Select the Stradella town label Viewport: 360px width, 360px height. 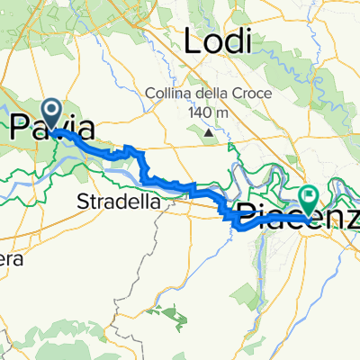pos(120,201)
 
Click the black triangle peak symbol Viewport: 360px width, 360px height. pos(210,131)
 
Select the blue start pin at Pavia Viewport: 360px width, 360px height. pos(52,113)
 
